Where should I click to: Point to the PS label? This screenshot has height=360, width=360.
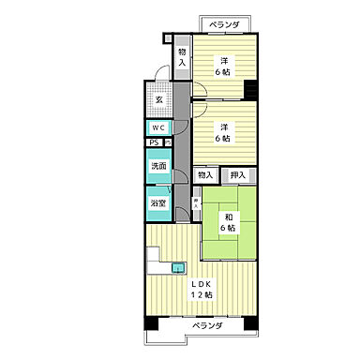(x=154, y=142)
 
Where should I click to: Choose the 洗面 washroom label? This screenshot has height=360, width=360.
(x=158, y=167)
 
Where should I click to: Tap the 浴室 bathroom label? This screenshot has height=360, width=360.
(x=158, y=202)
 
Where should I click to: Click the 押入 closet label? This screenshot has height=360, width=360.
(x=238, y=174)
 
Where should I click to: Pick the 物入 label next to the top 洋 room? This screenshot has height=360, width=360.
(x=183, y=56)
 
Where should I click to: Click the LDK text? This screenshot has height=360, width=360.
(x=203, y=284)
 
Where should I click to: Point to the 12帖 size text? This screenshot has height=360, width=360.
(x=203, y=296)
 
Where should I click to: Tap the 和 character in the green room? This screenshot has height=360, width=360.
(x=228, y=217)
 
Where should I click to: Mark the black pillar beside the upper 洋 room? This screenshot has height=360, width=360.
(x=251, y=90)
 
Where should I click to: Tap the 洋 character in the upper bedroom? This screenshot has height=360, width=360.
(x=226, y=62)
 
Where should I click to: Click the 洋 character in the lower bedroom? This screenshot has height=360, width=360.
(x=226, y=128)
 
